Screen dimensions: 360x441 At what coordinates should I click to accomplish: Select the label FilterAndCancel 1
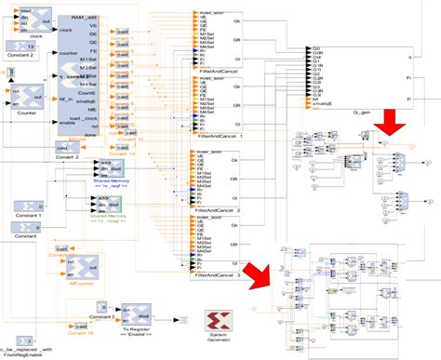click(x=215, y=137)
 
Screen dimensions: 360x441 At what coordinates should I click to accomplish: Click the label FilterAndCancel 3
click(x=215, y=276)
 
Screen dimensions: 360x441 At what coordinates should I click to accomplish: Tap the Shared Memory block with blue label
click(x=111, y=167)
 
